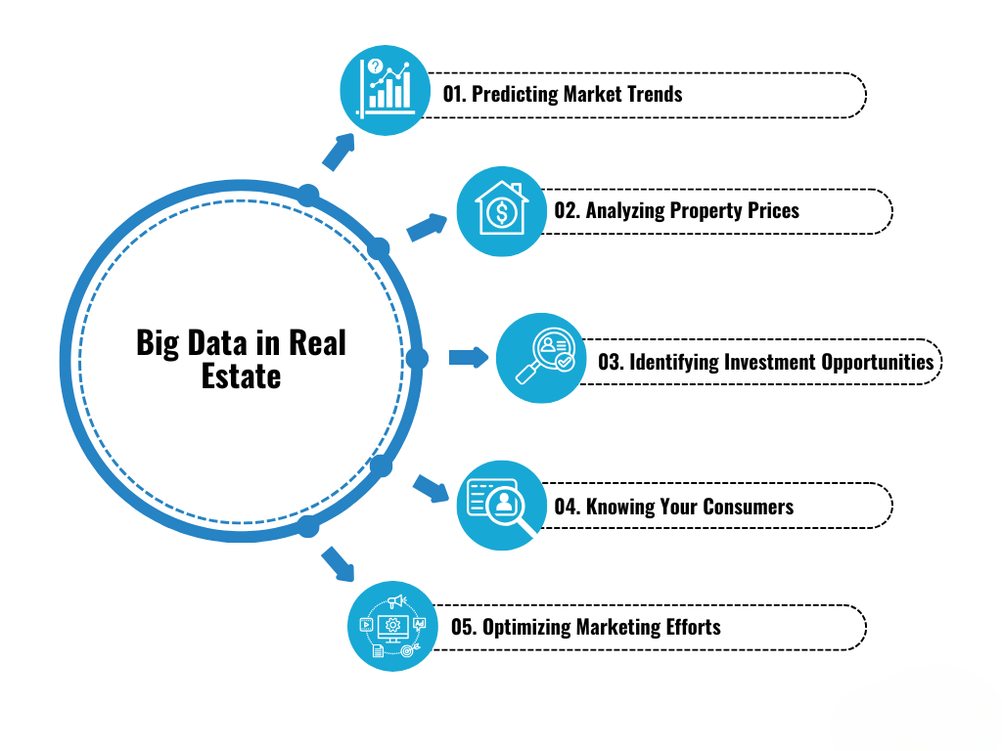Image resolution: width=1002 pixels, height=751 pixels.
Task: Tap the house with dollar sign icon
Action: click(500, 211)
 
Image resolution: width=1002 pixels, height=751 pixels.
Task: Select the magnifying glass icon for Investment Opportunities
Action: click(541, 359)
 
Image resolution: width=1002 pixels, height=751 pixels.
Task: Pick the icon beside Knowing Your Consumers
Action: click(501, 505)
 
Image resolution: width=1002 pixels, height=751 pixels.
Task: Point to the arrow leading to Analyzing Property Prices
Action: click(427, 227)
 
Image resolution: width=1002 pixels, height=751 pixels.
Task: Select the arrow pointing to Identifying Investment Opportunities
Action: click(469, 357)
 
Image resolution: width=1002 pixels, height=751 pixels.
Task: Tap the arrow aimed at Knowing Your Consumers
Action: click(431, 488)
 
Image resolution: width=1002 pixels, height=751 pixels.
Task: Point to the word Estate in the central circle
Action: click(241, 376)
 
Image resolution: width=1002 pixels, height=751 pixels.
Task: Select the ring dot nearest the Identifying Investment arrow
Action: click(418, 359)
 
